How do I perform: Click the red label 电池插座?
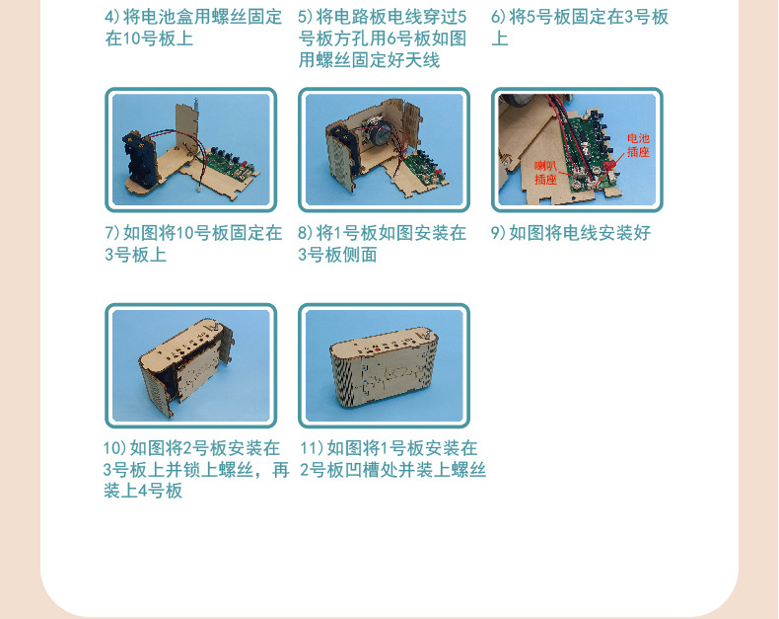[638, 145]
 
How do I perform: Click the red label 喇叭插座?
[545, 173]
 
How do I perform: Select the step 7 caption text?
[193, 244]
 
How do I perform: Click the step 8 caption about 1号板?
[382, 244]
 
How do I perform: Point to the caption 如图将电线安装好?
[580, 233]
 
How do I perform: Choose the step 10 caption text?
[196, 469]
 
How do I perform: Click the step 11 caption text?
[392, 459]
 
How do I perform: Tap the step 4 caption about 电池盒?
[193, 28]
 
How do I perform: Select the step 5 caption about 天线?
[382, 39]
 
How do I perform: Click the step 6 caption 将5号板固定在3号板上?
[580, 28]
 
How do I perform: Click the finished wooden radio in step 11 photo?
[384, 367]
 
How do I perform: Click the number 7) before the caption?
[111, 233]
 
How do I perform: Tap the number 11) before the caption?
[312, 448]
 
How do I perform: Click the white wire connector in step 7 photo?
[198, 191]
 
